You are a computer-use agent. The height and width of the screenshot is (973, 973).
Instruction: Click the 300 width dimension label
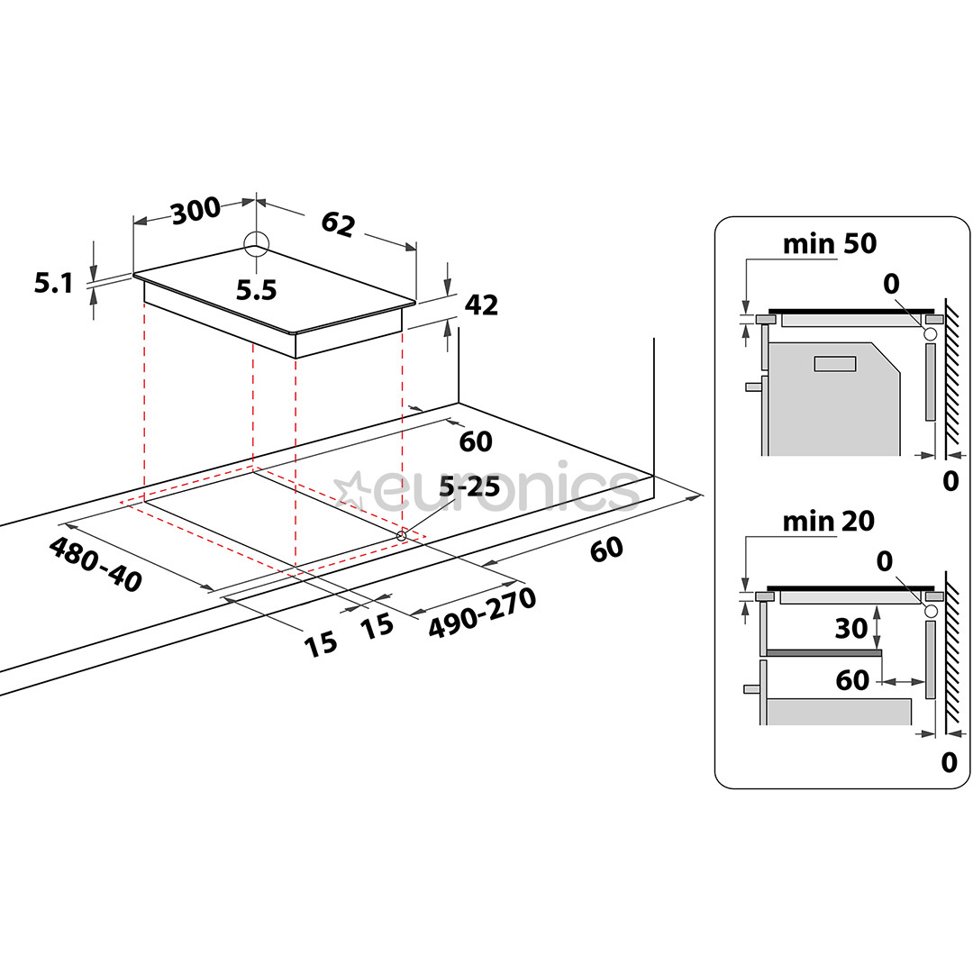[196, 210]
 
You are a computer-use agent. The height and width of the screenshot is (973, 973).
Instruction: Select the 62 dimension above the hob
[338, 224]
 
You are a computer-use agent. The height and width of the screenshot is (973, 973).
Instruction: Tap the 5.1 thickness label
[53, 283]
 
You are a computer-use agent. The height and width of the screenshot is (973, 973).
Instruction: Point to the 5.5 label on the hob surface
[256, 290]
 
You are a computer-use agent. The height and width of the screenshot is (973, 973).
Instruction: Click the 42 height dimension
[481, 305]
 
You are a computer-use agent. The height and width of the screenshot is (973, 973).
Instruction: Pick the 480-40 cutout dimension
[95, 564]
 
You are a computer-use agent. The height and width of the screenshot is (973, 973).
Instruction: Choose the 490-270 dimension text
[482, 613]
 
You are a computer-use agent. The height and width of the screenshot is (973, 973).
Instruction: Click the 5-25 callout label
[469, 487]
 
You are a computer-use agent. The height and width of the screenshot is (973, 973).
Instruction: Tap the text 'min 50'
[830, 244]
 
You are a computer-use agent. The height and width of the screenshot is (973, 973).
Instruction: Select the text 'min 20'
[829, 522]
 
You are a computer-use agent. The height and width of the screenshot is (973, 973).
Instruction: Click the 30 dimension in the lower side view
[850, 629]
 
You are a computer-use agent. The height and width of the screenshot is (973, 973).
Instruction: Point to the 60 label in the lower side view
[852, 680]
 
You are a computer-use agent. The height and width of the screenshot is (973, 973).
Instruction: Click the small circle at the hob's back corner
[256, 244]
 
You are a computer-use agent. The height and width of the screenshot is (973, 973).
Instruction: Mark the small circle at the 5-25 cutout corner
[402, 535]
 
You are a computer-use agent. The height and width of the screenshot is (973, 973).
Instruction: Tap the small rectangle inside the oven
[835, 364]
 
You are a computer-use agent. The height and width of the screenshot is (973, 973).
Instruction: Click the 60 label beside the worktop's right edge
[606, 550]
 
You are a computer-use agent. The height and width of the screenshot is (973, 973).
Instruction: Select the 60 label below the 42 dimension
[476, 441]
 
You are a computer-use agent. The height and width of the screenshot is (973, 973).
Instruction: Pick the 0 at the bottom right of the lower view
[950, 763]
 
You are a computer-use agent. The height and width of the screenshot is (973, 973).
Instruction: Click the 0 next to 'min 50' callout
[891, 284]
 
